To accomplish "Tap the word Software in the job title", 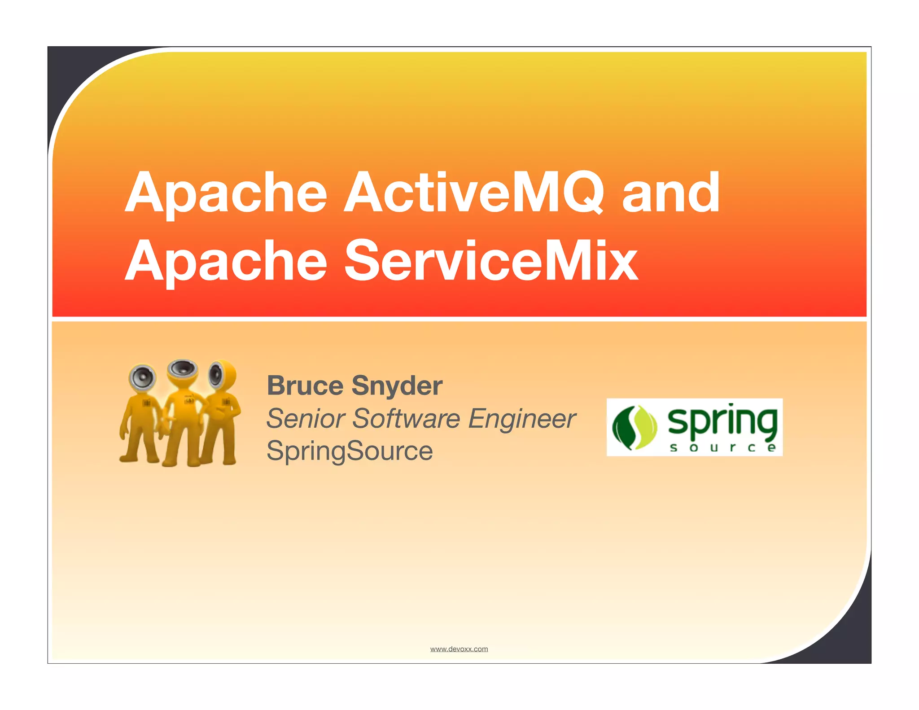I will [x=406, y=418].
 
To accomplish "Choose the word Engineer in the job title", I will [x=521, y=419].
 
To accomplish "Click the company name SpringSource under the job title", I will [x=350, y=451].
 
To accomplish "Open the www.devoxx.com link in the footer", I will [x=459, y=649].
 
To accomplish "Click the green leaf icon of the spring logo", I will [x=635, y=428].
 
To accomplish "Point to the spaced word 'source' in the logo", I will [x=722, y=447].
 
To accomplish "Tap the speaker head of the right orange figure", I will [x=221, y=374].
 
